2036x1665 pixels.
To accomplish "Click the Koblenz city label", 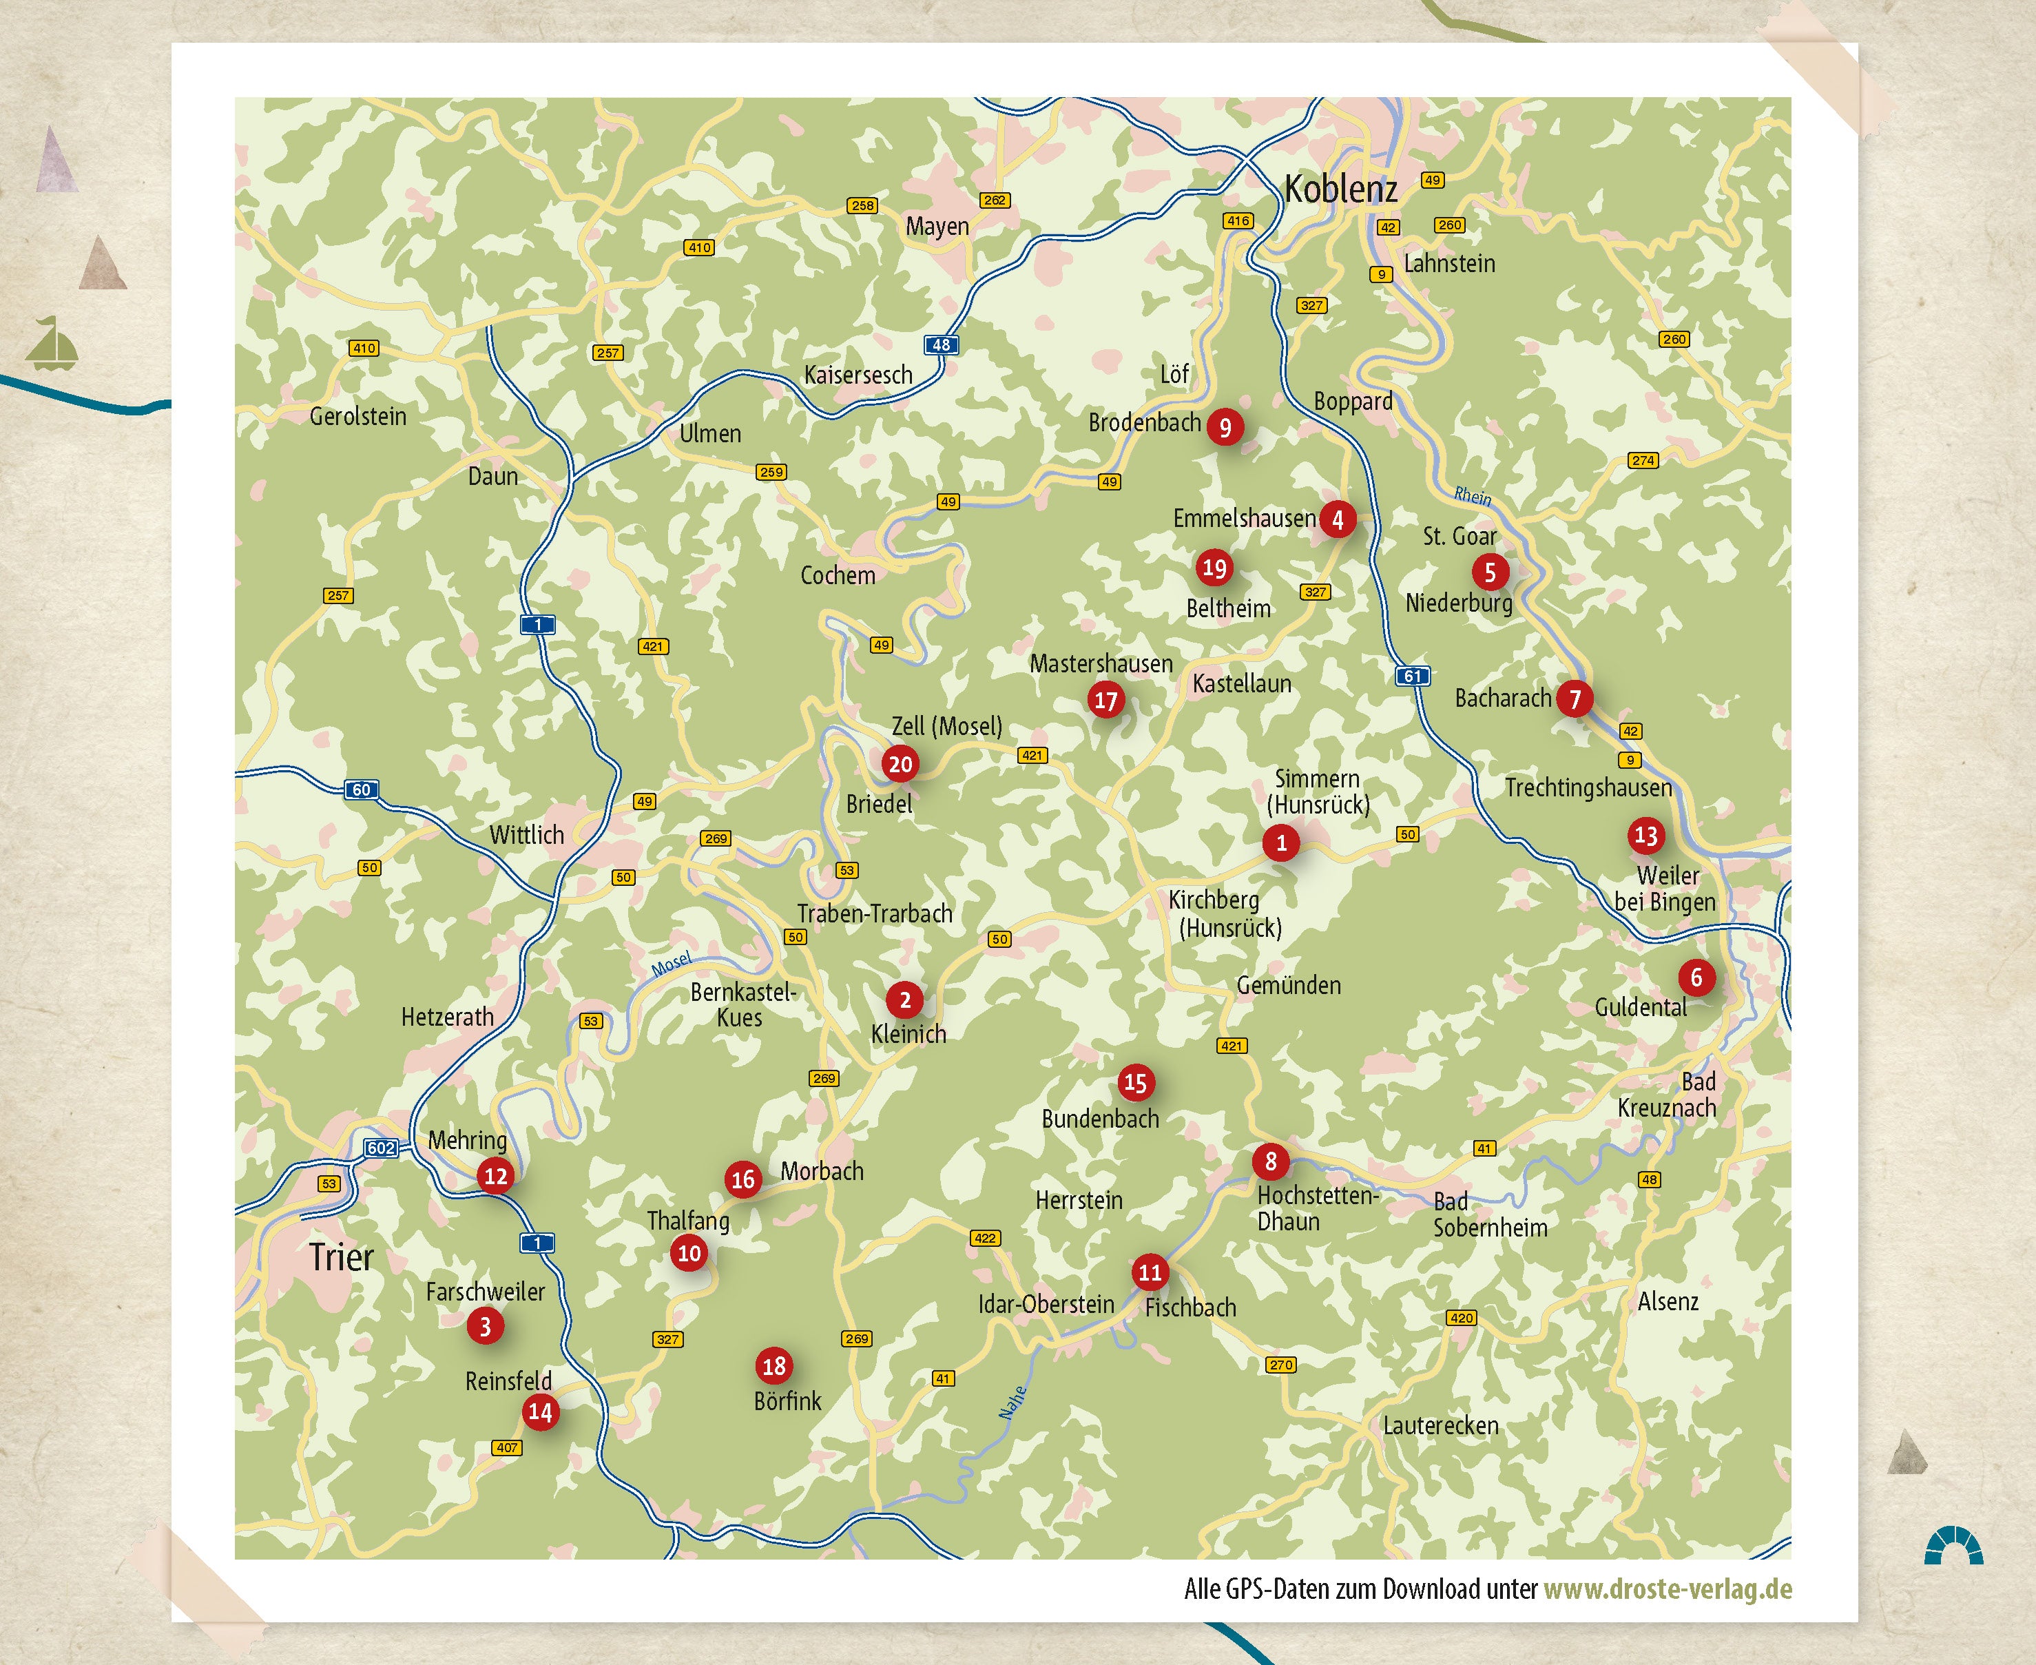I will [x=1341, y=189].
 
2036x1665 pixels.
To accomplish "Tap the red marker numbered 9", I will [x=1225, y=427].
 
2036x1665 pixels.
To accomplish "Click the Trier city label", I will [x=342, y=1257].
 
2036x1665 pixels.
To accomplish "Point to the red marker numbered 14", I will [x=540, y=1411].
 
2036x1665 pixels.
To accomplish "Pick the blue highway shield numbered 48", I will [x=942, y=345].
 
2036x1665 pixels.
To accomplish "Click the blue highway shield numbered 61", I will [x=1412, y=676].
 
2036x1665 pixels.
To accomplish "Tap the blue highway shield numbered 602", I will [x=381, y=1148].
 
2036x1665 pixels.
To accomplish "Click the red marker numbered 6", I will [x=1696, y=978].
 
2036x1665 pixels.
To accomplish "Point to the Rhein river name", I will [x=1472, y=496].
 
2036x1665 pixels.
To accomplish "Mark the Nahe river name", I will [x=1012, y=1403].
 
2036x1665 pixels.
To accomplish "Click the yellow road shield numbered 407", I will [x=508, y=1447].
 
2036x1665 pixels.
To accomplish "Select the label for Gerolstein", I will [x=357, y=416].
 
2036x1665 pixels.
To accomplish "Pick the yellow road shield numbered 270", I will [x=1281, y=1365].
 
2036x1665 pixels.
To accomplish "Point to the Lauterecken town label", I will [x=1440, y=1426].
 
